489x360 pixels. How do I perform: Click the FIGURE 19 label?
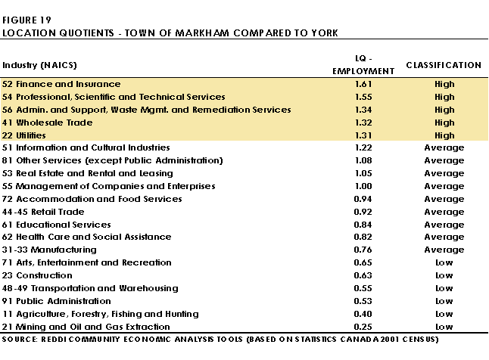pyautogui.click(x=26, y=20)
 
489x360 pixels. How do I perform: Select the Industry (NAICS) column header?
pyautogui.click(x=39, y=65)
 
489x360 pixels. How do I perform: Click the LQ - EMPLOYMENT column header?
pyautogui.click(x=363, y=65)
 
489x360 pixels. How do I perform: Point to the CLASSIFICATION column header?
pyautogui.click(x=444, y=65)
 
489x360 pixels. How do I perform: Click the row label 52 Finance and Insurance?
pyautogui.click(x=61, y=84)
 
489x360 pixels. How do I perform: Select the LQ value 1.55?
pyautogui.click(x=363, y=97)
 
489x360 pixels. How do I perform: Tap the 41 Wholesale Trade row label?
pyautogui.click(x=48, y=123)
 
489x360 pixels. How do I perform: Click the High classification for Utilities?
pyautogui.click(x=444, y=135)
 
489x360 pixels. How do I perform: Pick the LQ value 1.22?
pyautogui.click(x=363, y=147)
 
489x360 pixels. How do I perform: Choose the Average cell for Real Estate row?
pyautogui.click(x=444, y=173)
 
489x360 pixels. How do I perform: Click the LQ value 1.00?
pyautogui.click(x=363, y=186)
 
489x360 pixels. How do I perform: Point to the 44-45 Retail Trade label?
pyautogui.click(x=43, y=212)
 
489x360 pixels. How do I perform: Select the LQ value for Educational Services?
pyautogui.click(x=363, y=225)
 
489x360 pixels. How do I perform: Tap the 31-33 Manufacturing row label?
pyautogui.click(x=49, y=250)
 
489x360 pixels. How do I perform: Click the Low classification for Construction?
pyautogui.click(x=444, y=275)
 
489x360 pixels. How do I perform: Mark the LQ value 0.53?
pyautogui.click(x=363, y=301)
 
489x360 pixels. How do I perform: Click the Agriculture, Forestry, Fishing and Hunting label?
pyautogui.click(x=107, y=314)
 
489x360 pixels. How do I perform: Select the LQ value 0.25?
pyautogui.click(x=363, y=327)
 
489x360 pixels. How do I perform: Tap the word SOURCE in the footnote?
pyautogui.click(x=20, y=339)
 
